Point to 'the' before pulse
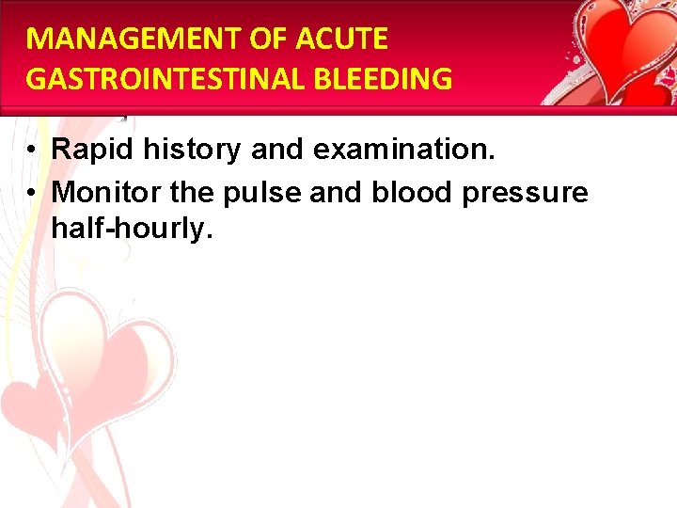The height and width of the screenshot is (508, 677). (x=193, y=193)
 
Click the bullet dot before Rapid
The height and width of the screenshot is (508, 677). (x=32, y=150)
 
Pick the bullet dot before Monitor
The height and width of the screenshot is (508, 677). (x=32, y=194)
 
